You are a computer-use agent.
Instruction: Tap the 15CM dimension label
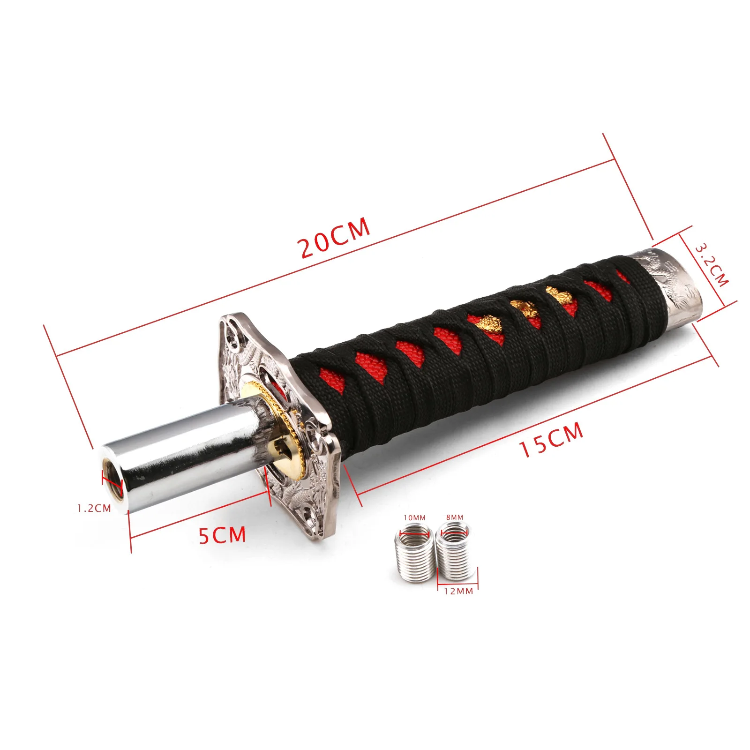coord(551,439)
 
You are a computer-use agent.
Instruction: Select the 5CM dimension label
coord(222,535)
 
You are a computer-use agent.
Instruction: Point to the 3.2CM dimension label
coord(711,265)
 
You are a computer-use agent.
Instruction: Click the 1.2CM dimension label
coord(94,508)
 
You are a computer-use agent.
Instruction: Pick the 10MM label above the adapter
coord(415,517)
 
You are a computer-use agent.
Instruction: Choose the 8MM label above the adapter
coord(455,517)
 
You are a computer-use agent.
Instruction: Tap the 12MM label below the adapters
coord(458,591)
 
